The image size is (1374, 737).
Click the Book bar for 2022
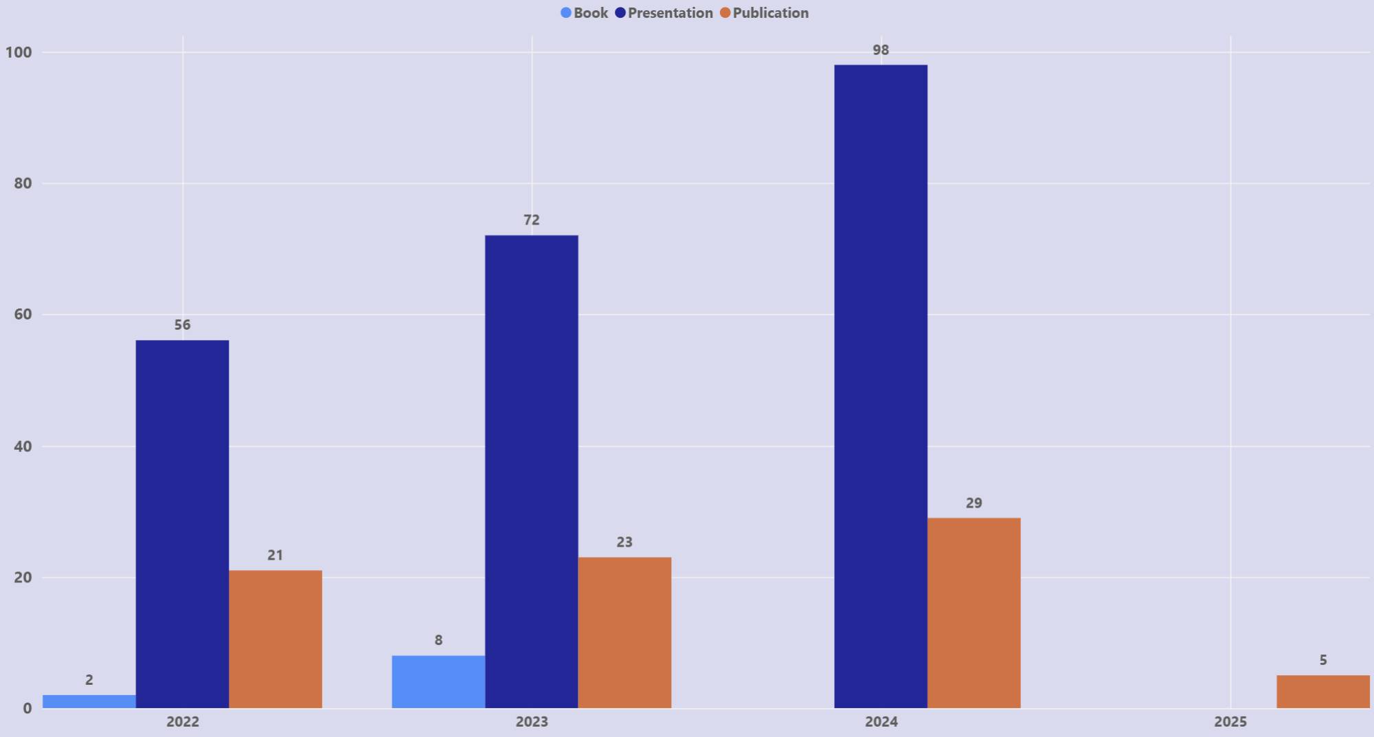tap(89, 701)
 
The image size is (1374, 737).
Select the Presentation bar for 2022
tap(182, 524)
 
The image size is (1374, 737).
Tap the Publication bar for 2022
tap(275, 639)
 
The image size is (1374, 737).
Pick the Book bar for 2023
tap(438, 681)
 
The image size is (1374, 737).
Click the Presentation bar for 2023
tap(532, 472)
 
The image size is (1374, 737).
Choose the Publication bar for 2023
tap(624, 632)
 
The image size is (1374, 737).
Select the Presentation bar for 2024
tap(881, 386)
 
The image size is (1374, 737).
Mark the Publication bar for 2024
tap(973, 613)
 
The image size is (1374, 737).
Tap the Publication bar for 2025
tap(1323, 691)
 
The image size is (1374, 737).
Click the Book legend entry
tap(585, 13)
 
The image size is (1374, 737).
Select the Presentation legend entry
tap(664, 13)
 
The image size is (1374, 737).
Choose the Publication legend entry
tap(764, 13)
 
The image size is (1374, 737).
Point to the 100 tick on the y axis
tap(19, 52)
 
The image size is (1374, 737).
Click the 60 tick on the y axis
tap(23, 315)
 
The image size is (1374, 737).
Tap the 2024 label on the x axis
tap(881, 722)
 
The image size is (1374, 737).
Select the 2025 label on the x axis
tap(1230, 722)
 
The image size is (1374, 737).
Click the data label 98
tap(881, 50)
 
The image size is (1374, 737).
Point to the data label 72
tap(532, 220)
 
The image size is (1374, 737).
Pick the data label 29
tap(973, 503)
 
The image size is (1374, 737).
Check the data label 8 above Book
tap(438, 640)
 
